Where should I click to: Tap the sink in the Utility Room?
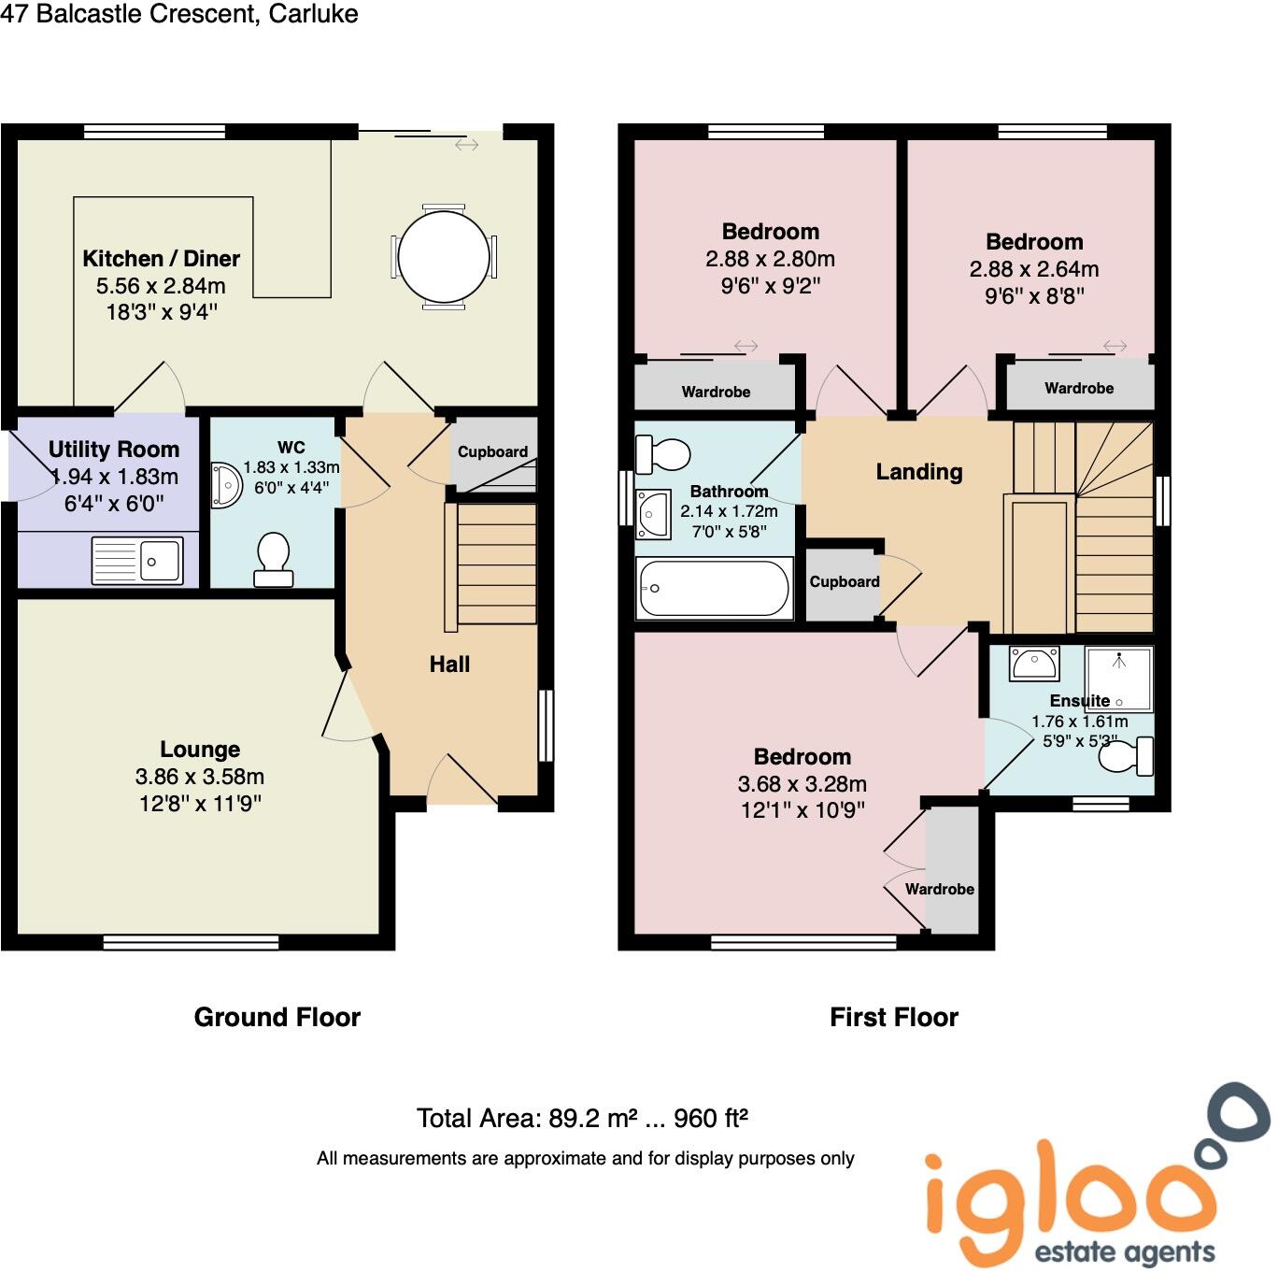pos(137,561)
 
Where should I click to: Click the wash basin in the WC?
pos(225,485)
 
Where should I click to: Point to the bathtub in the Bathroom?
pos(714,588)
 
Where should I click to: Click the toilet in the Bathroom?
pos(662,454)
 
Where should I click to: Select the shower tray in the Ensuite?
pos(1118,678)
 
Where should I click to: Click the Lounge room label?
pos(200,750)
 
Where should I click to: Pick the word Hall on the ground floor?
pos(449,665)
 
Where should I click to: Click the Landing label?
pos(918,472)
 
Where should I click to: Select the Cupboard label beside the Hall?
pos(492,451)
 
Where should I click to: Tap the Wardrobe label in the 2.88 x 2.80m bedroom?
pos(716,392)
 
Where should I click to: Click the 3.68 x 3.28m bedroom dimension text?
pos(802,784)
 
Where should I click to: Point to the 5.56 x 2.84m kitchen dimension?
pos(161,286)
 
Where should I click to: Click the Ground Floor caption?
pos(277,1017)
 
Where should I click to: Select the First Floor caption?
pos(894,1017)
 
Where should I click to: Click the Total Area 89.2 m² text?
pos(581,1118)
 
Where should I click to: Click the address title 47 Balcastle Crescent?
pos(179,14)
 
